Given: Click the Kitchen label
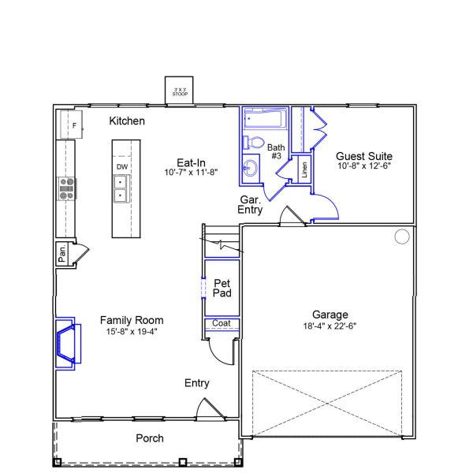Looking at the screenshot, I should [x=127, y=121].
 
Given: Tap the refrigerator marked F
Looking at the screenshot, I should [x=73, y=125].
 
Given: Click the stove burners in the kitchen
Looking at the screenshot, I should [x=67, y=188].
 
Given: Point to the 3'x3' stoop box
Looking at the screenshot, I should [x=180, y=91].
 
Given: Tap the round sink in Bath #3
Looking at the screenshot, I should [x=251, y=166].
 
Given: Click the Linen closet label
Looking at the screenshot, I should [x=304, y=171].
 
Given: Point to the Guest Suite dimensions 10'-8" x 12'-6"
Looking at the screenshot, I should [x=364, y=166].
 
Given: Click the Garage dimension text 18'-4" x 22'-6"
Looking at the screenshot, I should [x=330, y=326].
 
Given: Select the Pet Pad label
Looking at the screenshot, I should [x=222, y=288].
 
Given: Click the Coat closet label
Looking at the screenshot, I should [x=221, y=323].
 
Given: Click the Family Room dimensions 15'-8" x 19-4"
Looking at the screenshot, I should [x=132, y=331].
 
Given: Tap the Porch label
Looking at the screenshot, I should [x=150, y=438].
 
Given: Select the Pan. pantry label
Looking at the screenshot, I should [x=62, y=254].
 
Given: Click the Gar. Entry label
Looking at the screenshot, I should [x=251, y=205].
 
